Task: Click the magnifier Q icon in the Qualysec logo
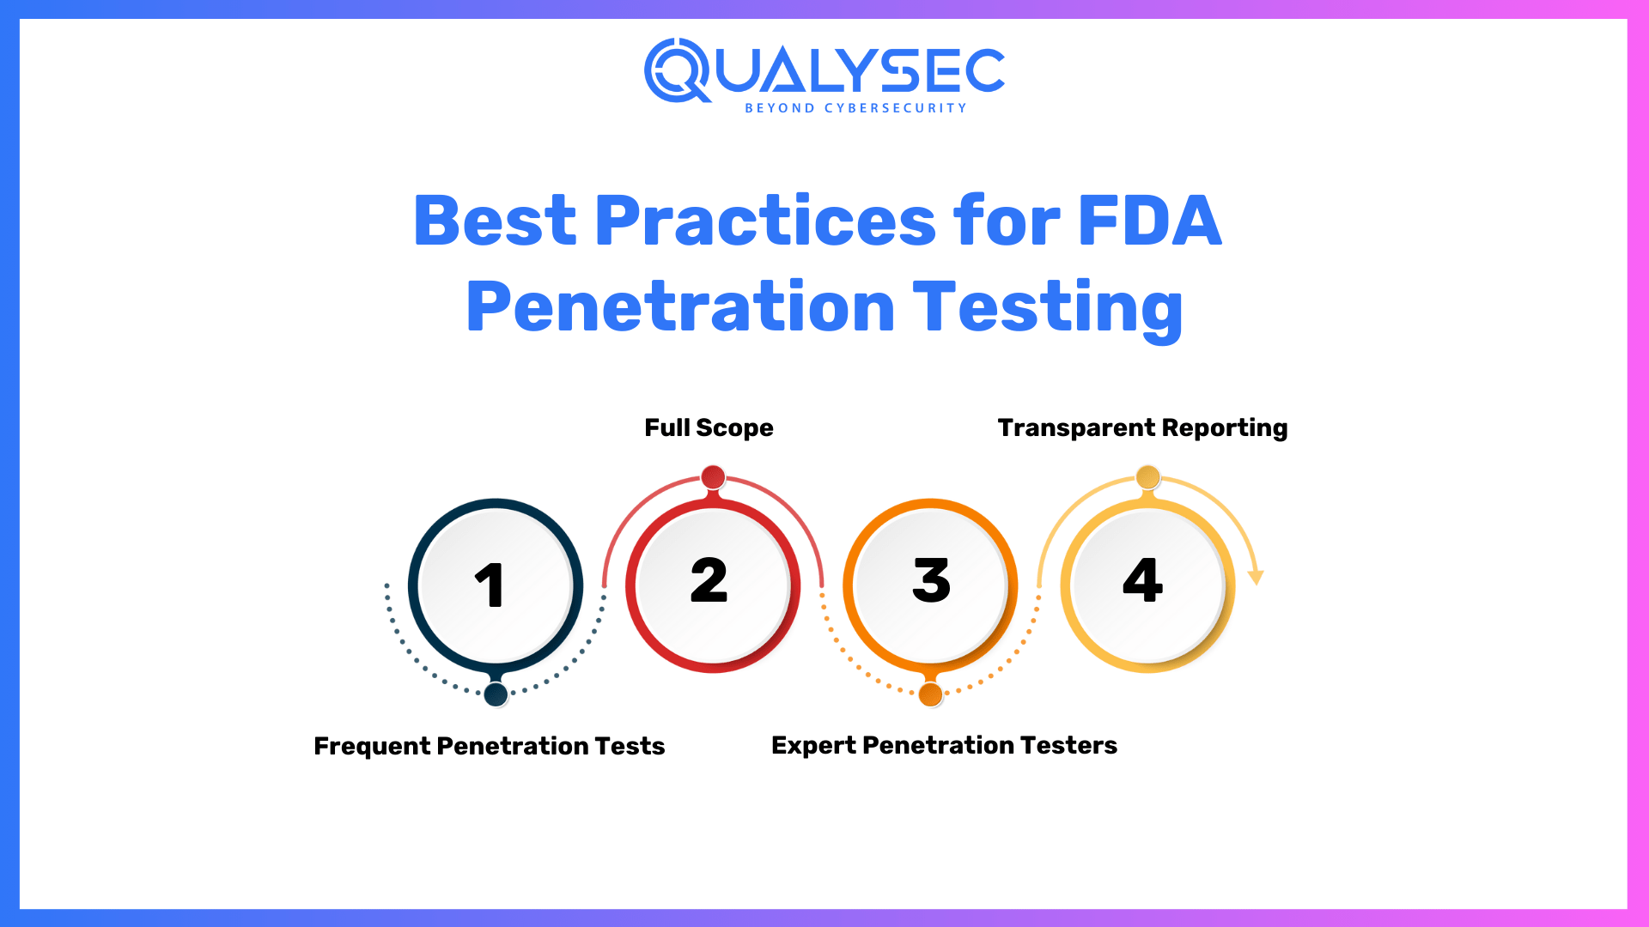[x=677, y=70]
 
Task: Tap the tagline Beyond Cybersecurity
[x=855, y=108]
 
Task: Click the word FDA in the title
[x=1149, y=221]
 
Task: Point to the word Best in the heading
[x=495, y=221]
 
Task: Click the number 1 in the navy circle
[x=490, y=586]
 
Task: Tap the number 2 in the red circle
[x=709, y=581]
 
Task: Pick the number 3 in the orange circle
[x=931, y=581]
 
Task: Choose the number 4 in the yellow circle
[x=1143, y=581]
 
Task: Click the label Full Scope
[x=709, y=427]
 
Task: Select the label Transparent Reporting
[x=1142, y=427]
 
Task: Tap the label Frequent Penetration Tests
[x=490, y=746]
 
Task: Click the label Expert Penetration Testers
[x=944, y=745]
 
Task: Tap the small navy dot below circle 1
[x=496, y=694]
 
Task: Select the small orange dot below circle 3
[x=930, y=694]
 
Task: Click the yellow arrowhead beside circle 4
[x=1256, y=577]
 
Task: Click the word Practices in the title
[x=764, y=221]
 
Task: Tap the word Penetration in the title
[x=680, y=308]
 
